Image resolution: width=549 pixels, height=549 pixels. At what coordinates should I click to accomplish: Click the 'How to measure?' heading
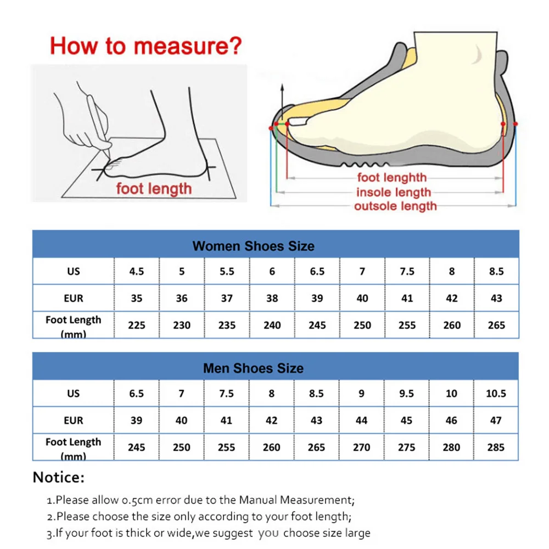pyautogui.click(x=145, y=46)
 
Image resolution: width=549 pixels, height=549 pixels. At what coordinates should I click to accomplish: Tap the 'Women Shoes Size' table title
pyautogui.click(x=253, y=246)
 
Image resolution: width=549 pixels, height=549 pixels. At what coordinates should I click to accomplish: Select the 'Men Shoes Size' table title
pyautogui.click(x=253, y=368)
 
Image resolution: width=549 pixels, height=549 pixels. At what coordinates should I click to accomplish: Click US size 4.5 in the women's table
pyautogui.click(x=137, y=271)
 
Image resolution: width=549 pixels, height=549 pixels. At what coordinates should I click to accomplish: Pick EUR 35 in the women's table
pyautogui.click(x=137, y=298)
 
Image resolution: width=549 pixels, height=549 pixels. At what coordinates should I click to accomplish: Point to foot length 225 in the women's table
pyautogui.click(x=137, y=325)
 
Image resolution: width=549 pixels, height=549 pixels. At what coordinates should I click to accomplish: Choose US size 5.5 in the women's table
pyautogui.click(x=227, y=271)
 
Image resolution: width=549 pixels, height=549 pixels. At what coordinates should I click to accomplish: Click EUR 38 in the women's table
pyautogui.click(x=272, y=298)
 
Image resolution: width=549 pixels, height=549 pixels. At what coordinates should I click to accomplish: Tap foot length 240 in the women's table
pyautogui.click(x=272, y=325)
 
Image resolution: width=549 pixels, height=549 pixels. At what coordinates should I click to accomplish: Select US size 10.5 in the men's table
pyautogui.click(x=496, y=394)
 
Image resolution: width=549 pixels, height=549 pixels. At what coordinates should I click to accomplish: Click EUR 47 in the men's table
pyautogui.click(x=496, y=421)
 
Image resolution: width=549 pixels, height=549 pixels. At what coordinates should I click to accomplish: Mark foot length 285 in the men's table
pyautogui.click(x=496, y=447)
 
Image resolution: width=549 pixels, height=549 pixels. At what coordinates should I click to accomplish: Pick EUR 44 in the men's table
pyautogui.click(x=362, y=421)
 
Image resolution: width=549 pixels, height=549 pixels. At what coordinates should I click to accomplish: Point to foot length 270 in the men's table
pyautogui.click(x=362, y=447)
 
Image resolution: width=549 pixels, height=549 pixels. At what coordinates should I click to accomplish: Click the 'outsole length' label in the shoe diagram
pyautogui.click(x=395, y=206)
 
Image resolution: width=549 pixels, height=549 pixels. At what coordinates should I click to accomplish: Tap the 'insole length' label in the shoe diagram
pyautogui.click(x=393, y=192)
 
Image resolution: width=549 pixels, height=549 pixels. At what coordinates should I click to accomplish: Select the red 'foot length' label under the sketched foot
pyautogui.click(x=154, y=189)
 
